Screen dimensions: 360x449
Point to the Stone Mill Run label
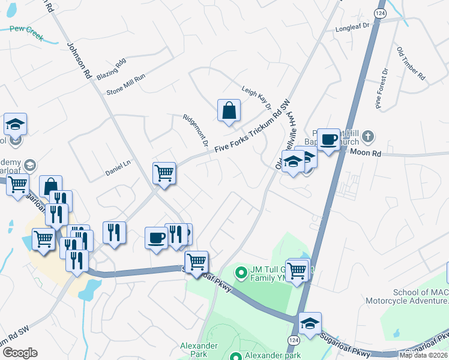(126, 84)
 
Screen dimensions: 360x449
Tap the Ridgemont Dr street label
(195, 131)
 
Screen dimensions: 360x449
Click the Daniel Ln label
(118, 163)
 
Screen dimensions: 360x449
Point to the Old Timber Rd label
(411, 63)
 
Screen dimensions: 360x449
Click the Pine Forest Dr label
(382, 88)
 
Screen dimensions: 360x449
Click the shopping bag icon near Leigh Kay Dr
(229, 110)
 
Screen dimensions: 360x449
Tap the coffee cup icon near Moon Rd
(328, 140)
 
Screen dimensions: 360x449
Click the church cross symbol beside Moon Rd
(369, 137)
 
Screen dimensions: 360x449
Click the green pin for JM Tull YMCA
(241, 273)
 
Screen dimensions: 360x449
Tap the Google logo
(20, 352)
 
